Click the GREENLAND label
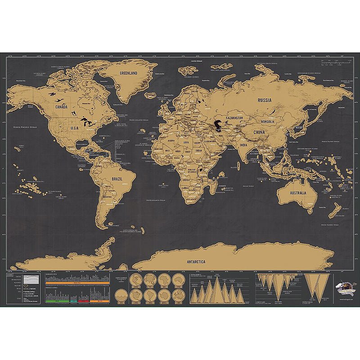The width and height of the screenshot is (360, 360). [x=128, y=72]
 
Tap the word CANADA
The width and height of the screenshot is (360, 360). [x=61, y=107]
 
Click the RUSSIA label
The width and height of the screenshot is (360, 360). [x=265, y=101]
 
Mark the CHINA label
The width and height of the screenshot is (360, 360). [x=259, y=133]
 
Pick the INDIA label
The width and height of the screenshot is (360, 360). [x=243, y=145]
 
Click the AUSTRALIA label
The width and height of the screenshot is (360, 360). [x=297, y=193]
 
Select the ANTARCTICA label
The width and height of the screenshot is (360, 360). [x=196, y=261]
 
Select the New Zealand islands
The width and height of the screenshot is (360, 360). [x=334, y=210]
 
